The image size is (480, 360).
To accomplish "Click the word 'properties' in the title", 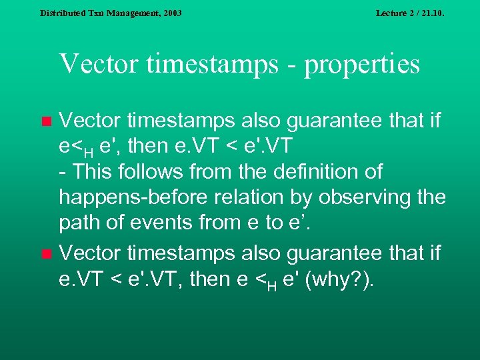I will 363,65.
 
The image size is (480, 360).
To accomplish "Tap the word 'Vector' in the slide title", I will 97,65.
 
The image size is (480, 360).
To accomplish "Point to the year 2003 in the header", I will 171,13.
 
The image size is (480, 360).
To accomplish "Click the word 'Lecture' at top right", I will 393,13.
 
